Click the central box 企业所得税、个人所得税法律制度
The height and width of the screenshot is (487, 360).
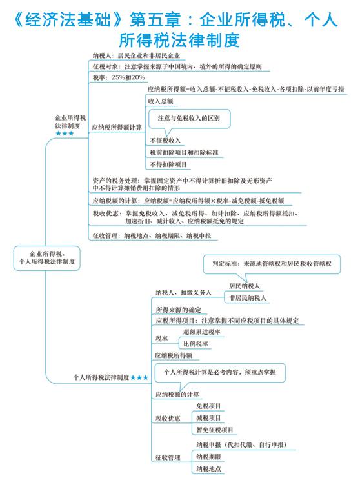pyautogui.click(x=46, y=258)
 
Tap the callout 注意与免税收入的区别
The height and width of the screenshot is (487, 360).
pyautogui.click(x=189, y=118)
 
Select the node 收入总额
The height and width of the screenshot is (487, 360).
pyautogui.click(x=161, y=101)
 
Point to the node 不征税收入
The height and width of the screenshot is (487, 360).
pyautogui.click(x=165, y=141)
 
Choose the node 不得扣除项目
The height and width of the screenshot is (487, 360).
pyautogui.click(x=168, y=164)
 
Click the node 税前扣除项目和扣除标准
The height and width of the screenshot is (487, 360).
pyautogui.click(x=184, y=152)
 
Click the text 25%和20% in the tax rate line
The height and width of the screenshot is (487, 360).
pyautogui.click(x=128, y=77)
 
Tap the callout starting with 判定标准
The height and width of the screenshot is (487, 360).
pyautogui.click(x=272, y=264)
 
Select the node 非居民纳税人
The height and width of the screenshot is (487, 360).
pyautogui.click(x=248, y=298)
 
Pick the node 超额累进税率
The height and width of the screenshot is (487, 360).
pyautogui.click(x=202, y=332)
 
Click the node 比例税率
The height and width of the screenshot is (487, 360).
pyautogui.click(x=195, y=344)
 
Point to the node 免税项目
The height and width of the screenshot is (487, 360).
pyautogui.click(x=208, y=406)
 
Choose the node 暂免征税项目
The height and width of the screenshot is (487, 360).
pyautogui.click(x=215, y=430)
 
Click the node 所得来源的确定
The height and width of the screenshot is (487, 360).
pyautogui.click(x=178, y=310)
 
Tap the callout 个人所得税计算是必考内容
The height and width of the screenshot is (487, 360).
pyautogui.click(x=220, y=372)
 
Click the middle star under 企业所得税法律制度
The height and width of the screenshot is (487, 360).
pyautogui.click(x=65, y=134)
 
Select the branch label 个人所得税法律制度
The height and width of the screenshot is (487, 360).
pyautogui.click(x=101, y=377)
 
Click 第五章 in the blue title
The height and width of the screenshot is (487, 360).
pyautogui.click(x=155, y=19)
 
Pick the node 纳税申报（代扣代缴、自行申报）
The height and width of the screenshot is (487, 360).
pyautogui.click(x=241, y=445)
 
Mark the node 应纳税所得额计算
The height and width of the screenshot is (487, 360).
pyautogui.click(x=117, y=128)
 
